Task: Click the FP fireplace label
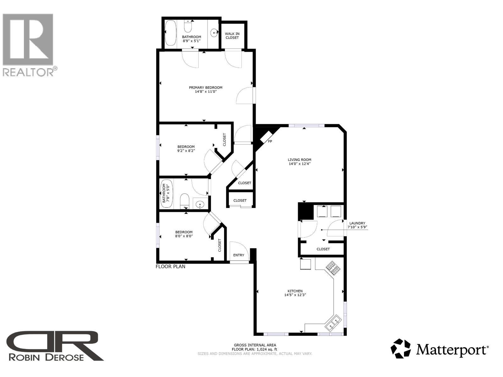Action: click(270, 141)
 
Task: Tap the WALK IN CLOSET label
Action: click(232, 36)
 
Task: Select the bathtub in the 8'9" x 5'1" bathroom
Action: click(171, 33)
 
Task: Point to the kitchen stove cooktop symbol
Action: click(333, 268)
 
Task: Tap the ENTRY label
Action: click(239, 255)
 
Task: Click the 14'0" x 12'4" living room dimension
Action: click(300, 164)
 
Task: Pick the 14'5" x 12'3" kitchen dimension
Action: click(295, 295)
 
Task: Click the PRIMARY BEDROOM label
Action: click(206, 88)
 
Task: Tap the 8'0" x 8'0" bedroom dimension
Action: click(184, 236)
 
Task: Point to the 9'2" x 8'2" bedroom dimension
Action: click(186, 150)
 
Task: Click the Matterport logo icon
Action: click(401, 348)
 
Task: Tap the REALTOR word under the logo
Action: click(28, 72)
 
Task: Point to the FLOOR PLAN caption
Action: click(171, 267)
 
